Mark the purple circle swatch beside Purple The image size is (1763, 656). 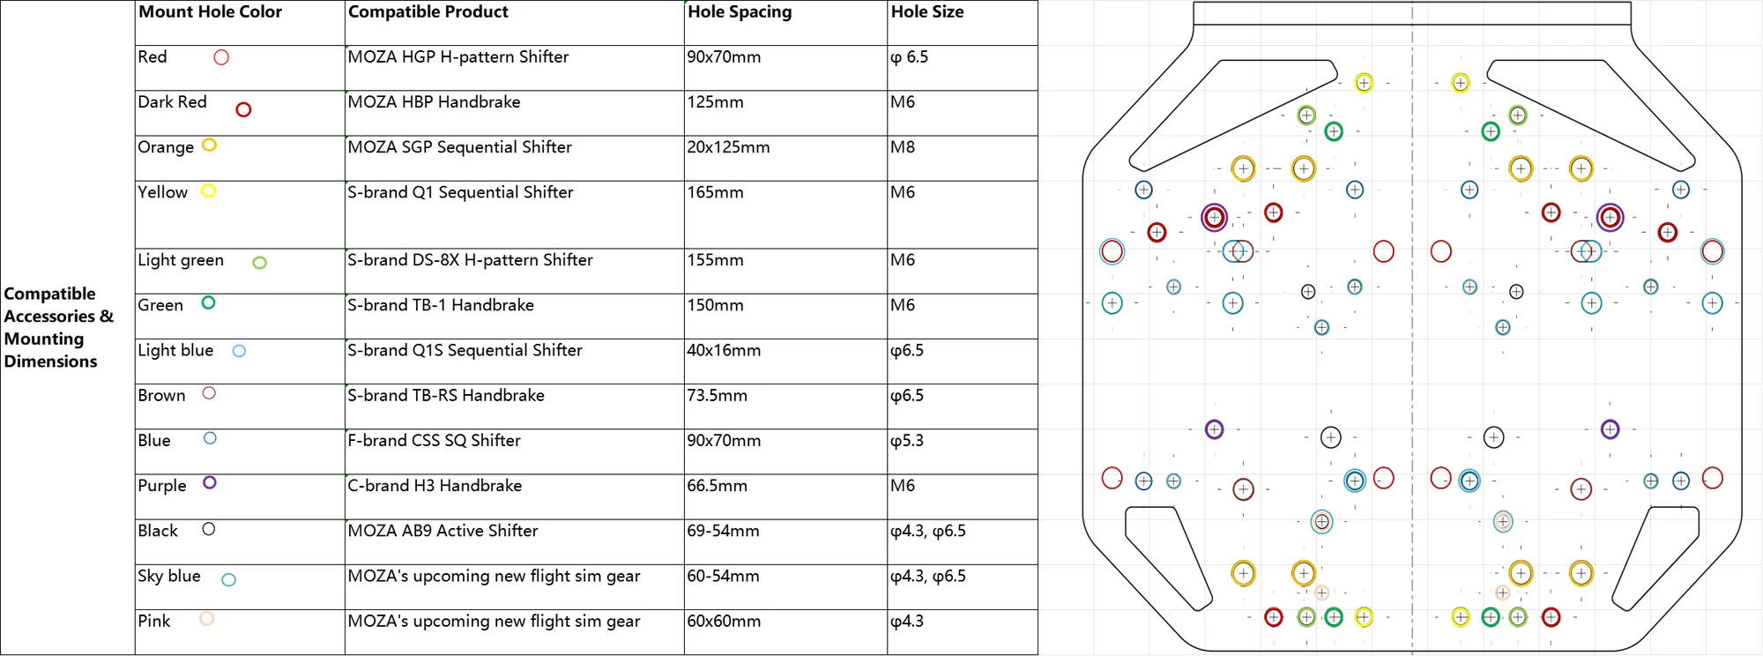point(210,482)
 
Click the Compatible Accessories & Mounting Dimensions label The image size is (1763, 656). point(58,328)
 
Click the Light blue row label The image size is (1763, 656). point(175,350)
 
